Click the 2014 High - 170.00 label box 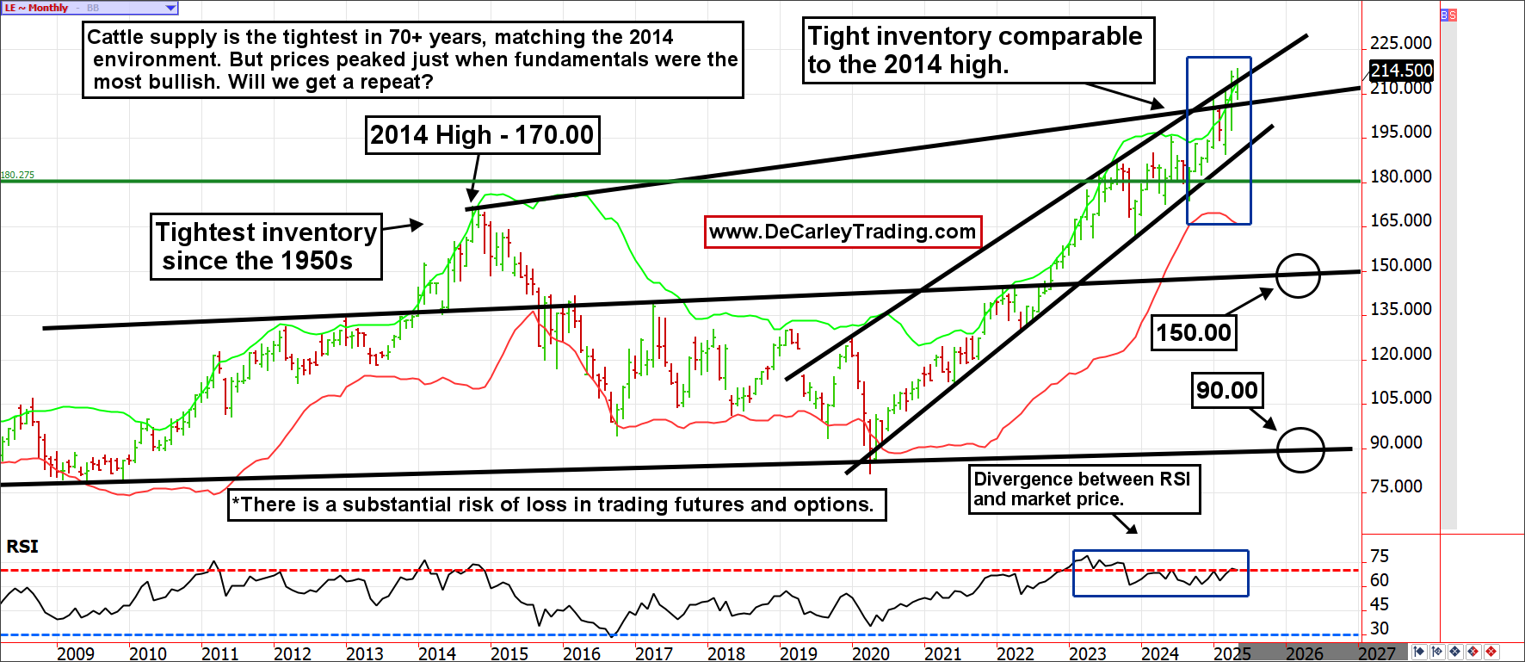[x=482, y=135]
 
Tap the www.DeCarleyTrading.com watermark [x=843, y=232]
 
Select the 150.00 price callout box [x=1194, y=332]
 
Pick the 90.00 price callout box [x=1226, y=390]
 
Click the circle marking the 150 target [x=1298, y=275]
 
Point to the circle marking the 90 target [x=1300, y=449]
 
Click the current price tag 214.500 [x=1401, y=71]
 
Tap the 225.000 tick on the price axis [x=1400, y=43]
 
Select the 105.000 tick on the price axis [x=1400, y=398]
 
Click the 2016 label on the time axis [x=582, y=653]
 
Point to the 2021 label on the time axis [x=943, y=653]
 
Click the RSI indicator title [x=22, y=547]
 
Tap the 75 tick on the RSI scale [x=1380, y=556]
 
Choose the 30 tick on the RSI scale [x=1380, y=628]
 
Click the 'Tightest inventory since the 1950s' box [x=266, y=246]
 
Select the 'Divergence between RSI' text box [x=1084, y=489]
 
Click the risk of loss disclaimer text [x=557, y=504]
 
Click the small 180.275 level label [x=17, y=175]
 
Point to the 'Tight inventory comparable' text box [x=978, y=50]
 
